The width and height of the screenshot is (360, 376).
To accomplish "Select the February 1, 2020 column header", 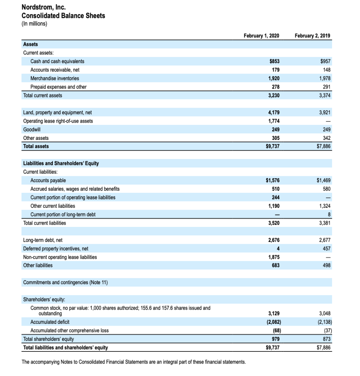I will click(x=261, y=36).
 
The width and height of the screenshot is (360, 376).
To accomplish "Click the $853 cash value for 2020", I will click(x=274, y=61).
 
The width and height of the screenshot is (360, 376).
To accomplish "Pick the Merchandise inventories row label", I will click(x=55, y=78).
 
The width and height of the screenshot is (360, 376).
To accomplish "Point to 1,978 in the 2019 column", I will click(x=324, y=78).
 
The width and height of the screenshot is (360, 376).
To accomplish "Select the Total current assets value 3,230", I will click(x=273, y=95).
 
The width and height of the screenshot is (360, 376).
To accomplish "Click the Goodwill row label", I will click(x=32, y=130).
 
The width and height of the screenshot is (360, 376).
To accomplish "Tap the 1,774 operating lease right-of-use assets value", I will click(x=273, y=121).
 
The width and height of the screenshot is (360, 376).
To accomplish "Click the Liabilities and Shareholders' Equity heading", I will click(x=61, y=163).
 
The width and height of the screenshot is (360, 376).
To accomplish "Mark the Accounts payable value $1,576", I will click(x=272, y=180).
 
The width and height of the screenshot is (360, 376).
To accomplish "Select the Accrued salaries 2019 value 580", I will click(x=327, y=189).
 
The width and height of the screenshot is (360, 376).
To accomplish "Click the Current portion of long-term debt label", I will click(x=63, y=214).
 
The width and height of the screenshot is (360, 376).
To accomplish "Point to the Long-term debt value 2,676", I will click(x=273, y=240).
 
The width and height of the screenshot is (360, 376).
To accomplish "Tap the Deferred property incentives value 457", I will click(x=327, y=249).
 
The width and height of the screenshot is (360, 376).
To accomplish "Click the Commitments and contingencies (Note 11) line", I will click(x=65, y=282).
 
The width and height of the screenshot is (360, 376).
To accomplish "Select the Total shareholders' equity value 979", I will click(x=275, y=339).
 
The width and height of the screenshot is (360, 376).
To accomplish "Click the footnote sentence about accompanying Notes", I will click(x=134, y=362).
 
